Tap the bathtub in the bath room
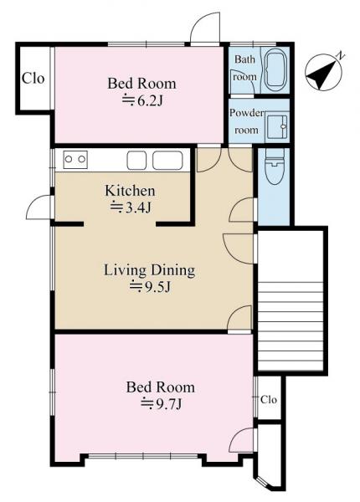[x=276, y=69]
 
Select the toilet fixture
[x=275, y=166]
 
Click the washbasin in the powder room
[x=277, y=126]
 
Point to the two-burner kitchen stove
[x=75, y=159]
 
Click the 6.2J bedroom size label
[x=143, y=101]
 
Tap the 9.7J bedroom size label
[x=162, y=404]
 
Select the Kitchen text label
[x=130, y=191]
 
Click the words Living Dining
[x=149, y=271]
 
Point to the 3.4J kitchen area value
[x=131, y=208]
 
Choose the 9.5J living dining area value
[x=150, y=287]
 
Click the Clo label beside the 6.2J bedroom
[x=33, y=78]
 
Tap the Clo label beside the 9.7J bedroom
[x=269, y=400]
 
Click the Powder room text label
[x=247, y=121]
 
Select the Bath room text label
[x=245, y=68]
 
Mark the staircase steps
[x=291, y=322]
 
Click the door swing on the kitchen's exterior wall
[x=39, y=207]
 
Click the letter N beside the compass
[x=341, y=57]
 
